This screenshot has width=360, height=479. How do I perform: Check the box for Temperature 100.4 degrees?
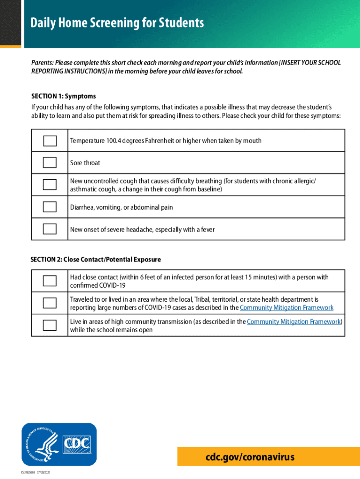(x=50, y=141)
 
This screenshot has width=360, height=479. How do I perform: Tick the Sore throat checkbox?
(x=50, y=163)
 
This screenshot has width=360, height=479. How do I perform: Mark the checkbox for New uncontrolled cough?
(x=50, y=185)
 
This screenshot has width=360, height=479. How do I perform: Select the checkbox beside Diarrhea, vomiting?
(x=50, y=207)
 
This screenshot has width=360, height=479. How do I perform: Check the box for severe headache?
(x=50, y=229)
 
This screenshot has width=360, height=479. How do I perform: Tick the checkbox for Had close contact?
(x=50, y=281)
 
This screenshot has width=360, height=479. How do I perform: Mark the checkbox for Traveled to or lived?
(x=50, y=303)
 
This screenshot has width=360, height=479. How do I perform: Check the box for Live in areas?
(x=50, y=325)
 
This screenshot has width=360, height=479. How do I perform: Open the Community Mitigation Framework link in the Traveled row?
(x=286, y=307)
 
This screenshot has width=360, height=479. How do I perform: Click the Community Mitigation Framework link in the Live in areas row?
(x=294, y=322)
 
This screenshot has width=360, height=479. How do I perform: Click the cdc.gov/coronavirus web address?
(x=251, y=457)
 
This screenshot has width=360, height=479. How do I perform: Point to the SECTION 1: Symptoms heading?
(x=64, y=96)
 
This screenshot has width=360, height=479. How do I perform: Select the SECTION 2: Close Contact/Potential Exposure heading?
(x=96, y=259)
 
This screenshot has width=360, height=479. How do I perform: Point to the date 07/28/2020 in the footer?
(x=41, y=473)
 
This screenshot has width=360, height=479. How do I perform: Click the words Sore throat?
(x=85, y=163)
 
